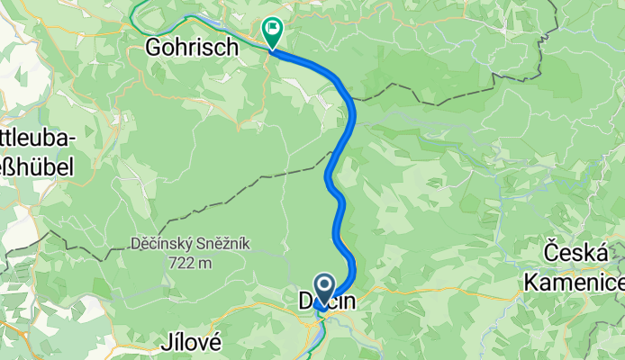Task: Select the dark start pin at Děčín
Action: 325,285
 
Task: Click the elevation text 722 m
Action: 189,262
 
